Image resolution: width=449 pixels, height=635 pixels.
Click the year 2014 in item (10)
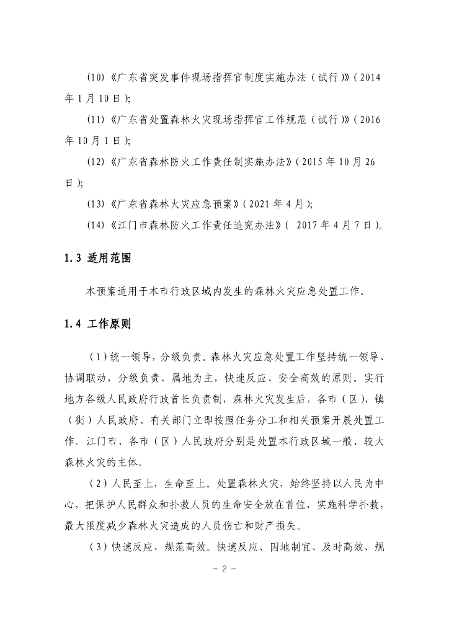click(x=368, y=78)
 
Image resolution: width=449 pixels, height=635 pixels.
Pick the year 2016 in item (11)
click(x=369, y=120)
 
